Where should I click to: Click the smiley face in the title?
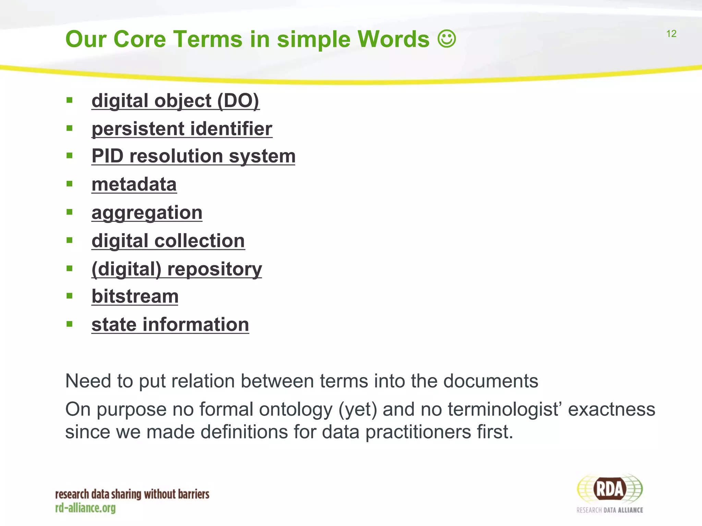447,39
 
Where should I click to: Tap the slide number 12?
671,34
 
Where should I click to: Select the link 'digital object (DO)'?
175,101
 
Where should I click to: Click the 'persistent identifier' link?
182,129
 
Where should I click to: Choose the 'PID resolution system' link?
193,156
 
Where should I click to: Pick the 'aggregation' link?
147,213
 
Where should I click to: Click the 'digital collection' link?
168,241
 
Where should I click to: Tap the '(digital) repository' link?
177,269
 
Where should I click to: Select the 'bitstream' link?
135,296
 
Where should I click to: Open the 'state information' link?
170,324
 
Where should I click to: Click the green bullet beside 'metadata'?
70,184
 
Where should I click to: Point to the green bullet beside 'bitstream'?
70,296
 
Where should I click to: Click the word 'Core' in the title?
140,39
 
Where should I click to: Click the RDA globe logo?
609,489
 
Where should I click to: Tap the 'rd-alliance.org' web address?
85,508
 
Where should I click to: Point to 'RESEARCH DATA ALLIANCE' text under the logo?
609,510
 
